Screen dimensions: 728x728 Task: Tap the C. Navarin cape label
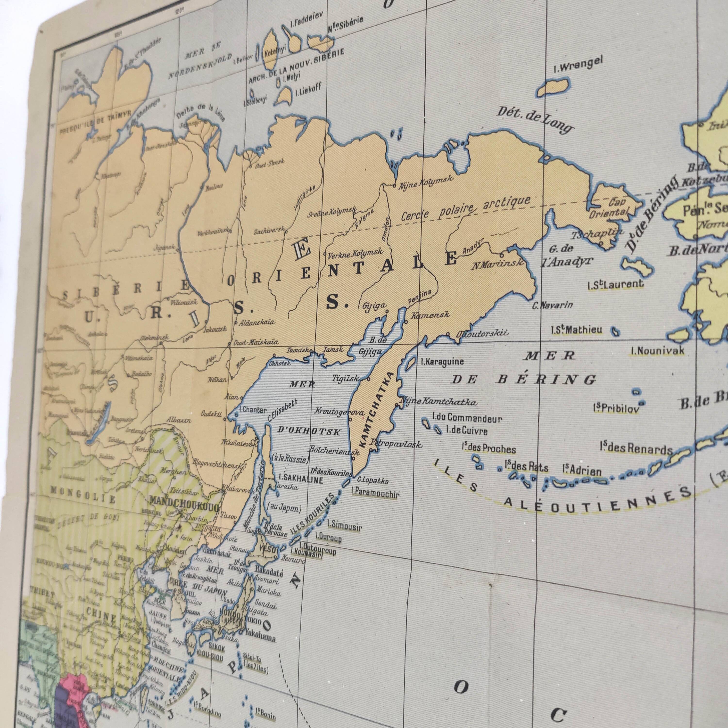coord(552,305)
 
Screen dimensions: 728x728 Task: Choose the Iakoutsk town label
coord(215,329)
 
